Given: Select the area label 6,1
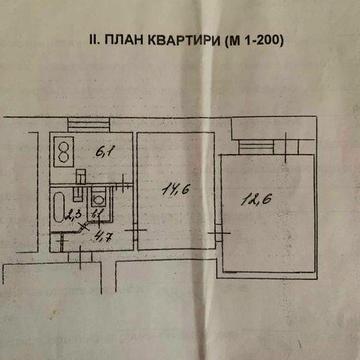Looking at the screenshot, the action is point(102,152).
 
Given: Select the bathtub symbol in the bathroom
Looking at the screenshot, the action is point(59,212).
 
